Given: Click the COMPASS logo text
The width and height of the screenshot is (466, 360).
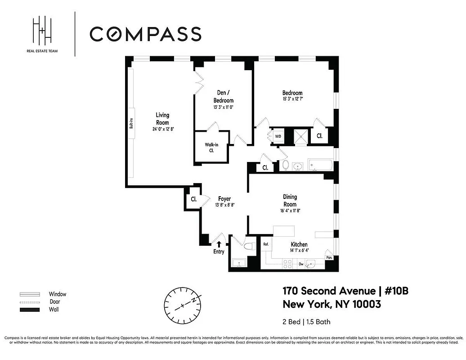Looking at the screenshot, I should (x=145, y=34).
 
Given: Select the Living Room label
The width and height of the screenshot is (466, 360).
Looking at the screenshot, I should (x=162, y=119).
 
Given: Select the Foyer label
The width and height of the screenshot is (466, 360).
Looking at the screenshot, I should (x=225, y=198).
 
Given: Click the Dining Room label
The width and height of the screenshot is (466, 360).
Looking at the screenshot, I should (x=290, y=200).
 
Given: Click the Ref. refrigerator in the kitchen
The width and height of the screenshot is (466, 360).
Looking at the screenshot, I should (x=266, y=244).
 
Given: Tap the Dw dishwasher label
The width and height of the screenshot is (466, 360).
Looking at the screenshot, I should (x=301, y=265).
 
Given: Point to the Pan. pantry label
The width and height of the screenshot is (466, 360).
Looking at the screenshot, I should (x=329, y=258).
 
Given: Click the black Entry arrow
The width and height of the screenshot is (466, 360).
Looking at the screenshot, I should (x=219, y=244).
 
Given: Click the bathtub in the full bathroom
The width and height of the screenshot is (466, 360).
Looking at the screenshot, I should (x=320, y=165).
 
